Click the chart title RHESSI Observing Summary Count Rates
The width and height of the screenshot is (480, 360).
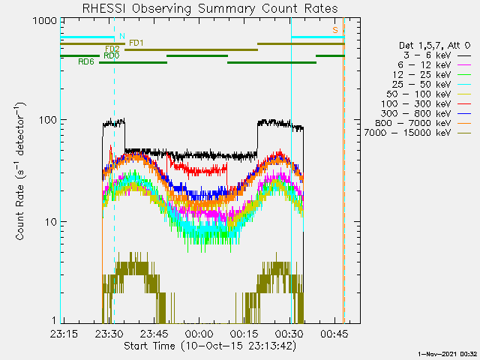coord(210,8)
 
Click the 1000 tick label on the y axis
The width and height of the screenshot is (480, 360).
coord(45,21)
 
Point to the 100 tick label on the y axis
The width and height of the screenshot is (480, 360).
coord(48,120)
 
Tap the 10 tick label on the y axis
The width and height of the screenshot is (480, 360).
coord(51,222)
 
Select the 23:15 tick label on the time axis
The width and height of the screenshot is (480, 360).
coord(64,334)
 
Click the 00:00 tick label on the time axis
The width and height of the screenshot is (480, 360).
coord(199,334)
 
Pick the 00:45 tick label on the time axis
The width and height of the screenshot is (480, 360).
coord(334,334)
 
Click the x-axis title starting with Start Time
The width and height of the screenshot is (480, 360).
coord(210,346)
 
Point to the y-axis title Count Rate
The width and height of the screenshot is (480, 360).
coord(20,172)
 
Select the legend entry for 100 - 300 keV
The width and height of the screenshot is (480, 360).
coord(426,104)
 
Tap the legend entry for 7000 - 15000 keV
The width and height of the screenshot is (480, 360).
coord(418,133)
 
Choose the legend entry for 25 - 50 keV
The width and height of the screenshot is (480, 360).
coord(431,85)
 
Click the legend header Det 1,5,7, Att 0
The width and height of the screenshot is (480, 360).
coord(434,46)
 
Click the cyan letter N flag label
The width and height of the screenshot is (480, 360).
coord(122,36)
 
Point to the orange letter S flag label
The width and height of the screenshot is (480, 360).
coord(335,30)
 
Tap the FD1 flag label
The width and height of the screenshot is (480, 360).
coord(136,43)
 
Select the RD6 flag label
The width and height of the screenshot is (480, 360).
coord(86,61)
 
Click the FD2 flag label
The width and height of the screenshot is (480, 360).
coord(112,49)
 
